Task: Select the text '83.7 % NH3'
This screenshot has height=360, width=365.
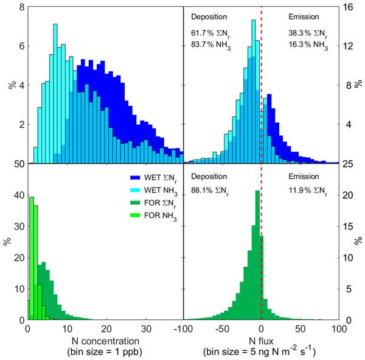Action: (x=210, y=43)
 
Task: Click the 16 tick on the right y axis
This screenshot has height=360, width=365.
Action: (x=347, y=7)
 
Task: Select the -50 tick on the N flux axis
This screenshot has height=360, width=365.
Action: (x=223, y=328)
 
